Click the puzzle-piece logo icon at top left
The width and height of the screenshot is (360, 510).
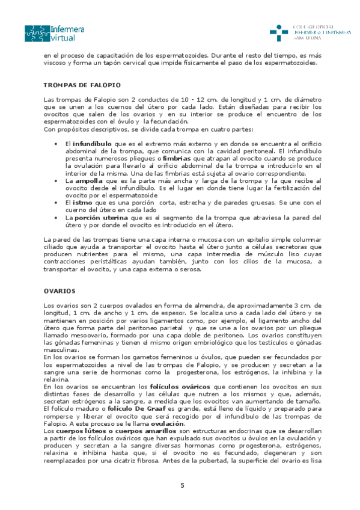(37, 33)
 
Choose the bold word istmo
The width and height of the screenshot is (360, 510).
(84, 202)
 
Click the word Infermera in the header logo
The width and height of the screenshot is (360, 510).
(68, 28)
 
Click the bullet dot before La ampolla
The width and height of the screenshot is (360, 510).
(55, 180)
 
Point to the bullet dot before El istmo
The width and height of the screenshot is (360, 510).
(55, 202)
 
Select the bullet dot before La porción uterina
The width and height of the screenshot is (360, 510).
(55, 217)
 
